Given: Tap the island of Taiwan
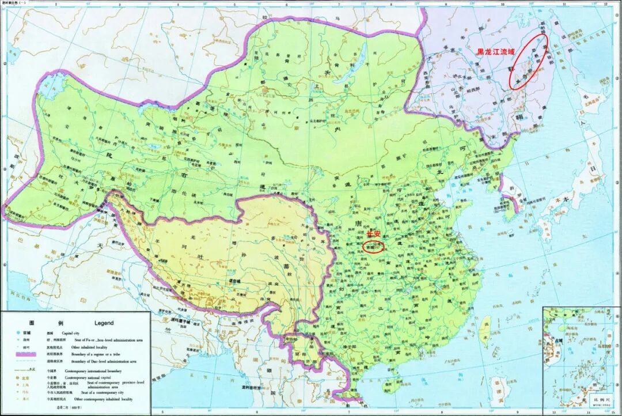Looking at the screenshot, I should coord(484,326).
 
